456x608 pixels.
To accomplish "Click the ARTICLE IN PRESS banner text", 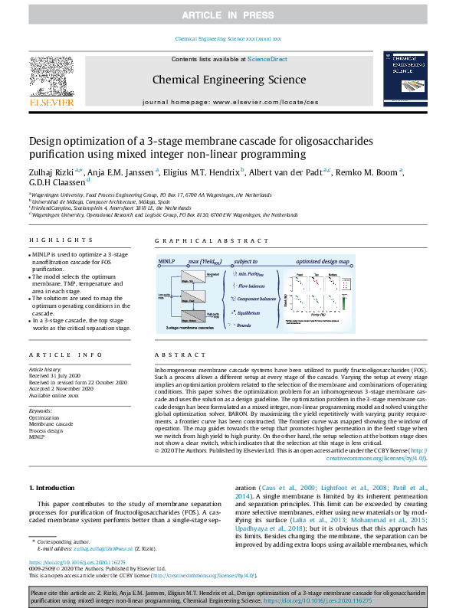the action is tap(228, 15).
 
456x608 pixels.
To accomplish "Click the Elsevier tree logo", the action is tap(52, 77).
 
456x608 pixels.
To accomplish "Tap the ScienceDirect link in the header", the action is tap(267, 59).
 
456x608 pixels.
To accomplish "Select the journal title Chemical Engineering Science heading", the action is tap(229, 79).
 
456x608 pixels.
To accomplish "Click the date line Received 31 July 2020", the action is tap(54, 377).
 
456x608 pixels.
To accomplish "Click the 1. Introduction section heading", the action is tap(51, 488).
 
